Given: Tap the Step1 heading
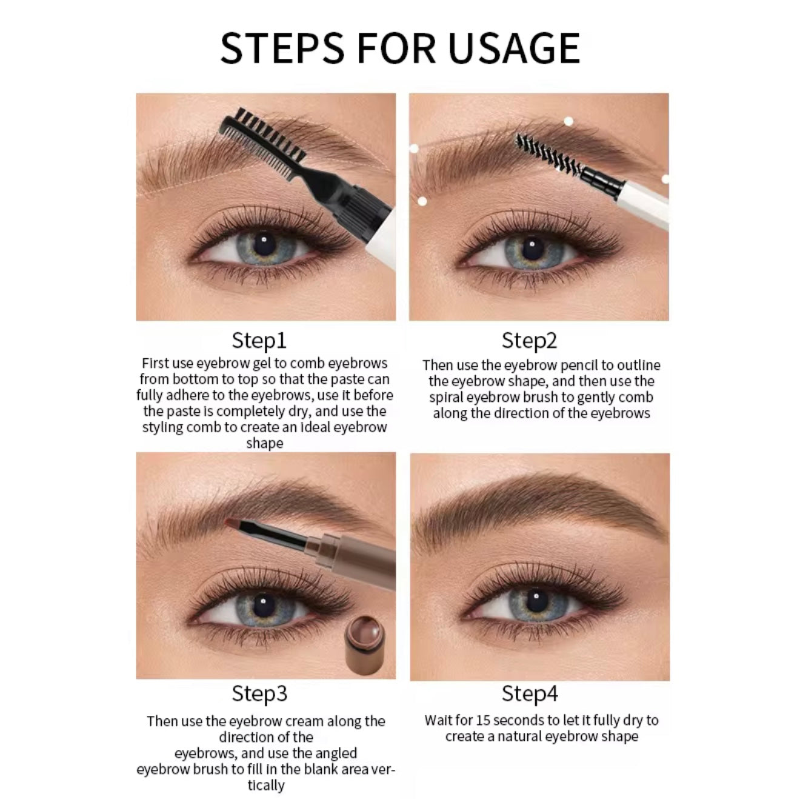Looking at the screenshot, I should pos(259,340).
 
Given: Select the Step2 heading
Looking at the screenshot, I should pos(529,340).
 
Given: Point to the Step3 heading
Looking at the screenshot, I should pos(259,694).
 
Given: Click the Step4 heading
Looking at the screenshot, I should pos(529,694).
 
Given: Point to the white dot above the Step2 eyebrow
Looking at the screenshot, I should pos(568,121).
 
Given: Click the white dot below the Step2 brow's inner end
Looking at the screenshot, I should pos(422,201).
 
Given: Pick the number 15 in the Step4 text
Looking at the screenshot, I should pos(484,721).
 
